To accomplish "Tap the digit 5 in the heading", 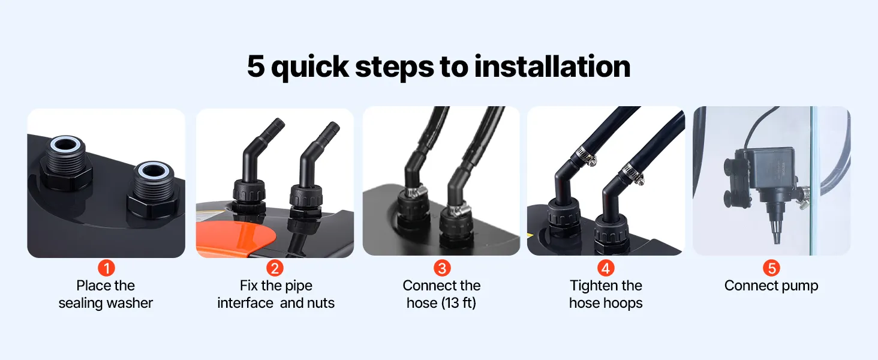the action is tap(256, 66).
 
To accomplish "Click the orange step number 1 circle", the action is tap(106, 268).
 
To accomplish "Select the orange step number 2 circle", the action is tap(275, 268).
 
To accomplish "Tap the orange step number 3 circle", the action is tap(442, 268).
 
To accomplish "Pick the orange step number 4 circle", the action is tap(606, 268).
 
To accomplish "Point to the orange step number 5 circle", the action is tap(771, 268).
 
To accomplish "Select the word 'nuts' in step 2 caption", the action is tap(321, 303).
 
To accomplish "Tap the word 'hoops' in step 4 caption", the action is tap(624, 304).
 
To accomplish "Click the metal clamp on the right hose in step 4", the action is tap(633, 175).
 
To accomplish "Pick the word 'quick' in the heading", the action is tap(309, 67).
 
